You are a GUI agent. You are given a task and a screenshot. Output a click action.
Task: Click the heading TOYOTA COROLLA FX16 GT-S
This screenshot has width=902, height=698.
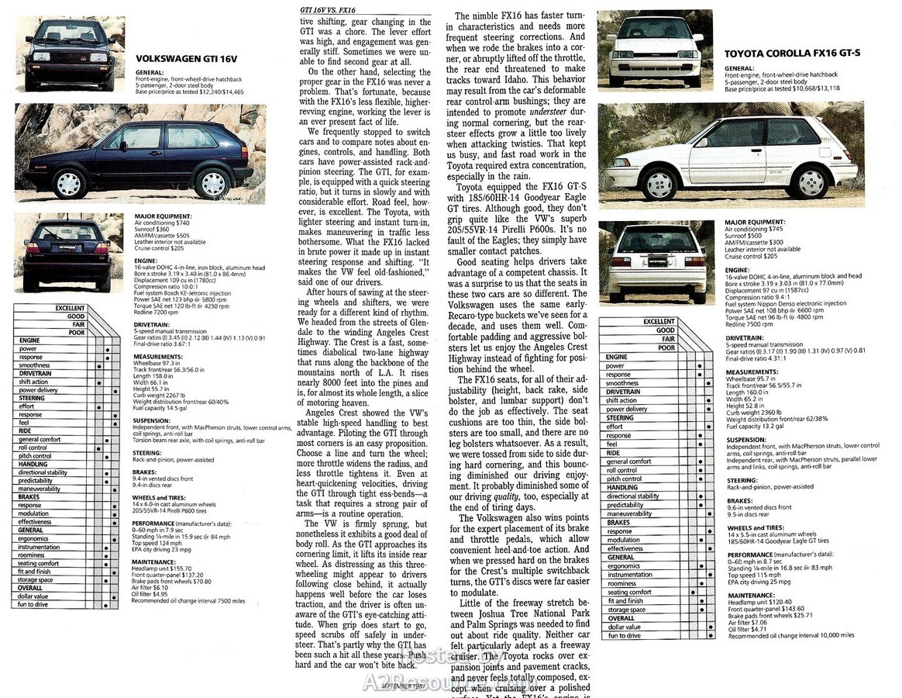782,54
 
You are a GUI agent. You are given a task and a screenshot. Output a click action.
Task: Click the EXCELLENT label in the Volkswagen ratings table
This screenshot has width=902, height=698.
70,308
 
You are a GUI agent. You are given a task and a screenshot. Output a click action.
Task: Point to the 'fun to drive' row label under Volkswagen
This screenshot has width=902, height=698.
33,604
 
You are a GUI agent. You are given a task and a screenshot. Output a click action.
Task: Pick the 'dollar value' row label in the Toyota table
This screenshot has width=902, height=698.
624,627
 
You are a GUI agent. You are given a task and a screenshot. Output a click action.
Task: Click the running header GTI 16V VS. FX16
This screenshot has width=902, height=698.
328,10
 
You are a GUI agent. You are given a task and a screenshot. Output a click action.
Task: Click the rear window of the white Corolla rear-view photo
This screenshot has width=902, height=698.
656,240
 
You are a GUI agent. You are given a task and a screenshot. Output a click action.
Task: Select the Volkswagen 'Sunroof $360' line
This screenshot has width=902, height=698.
151,230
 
